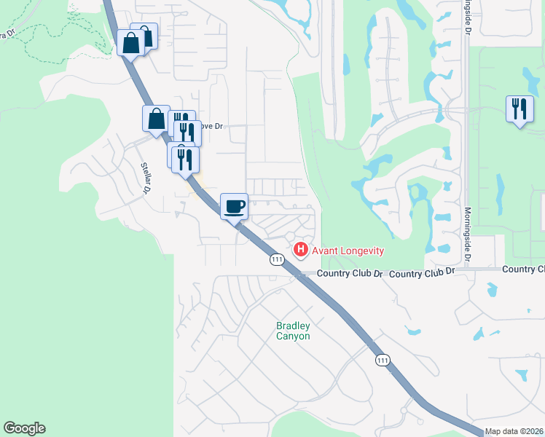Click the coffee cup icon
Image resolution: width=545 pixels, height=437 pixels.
point(234,207)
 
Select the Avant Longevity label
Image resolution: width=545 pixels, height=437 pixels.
point(348,251)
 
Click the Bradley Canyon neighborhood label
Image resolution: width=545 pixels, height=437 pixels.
point(293,331)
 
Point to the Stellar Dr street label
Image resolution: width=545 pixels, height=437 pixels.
point(145,177)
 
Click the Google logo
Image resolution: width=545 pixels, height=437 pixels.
point(24,428)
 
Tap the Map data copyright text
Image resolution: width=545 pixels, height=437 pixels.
point(514,431)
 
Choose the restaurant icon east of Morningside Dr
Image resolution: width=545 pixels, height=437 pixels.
point(519,109)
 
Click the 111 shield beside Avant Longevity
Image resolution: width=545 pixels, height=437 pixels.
point(276,260)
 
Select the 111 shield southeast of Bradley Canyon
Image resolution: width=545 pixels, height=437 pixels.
point(383,361)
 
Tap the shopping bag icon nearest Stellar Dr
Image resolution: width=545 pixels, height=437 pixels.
point(157,119)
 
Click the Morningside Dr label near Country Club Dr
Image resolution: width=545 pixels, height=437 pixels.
point(467,235)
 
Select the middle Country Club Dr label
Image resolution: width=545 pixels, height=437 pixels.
point(421,272)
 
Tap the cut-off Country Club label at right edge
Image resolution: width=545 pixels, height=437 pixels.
point(523,269)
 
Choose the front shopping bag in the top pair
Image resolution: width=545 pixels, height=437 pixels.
point(131,42)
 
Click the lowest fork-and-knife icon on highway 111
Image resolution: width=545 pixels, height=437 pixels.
point(185,159)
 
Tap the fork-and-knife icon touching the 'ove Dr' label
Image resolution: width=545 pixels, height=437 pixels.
point(187,133)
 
